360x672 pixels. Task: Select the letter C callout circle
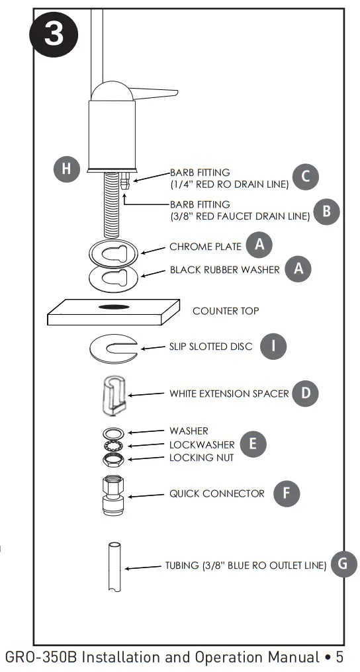click(306, 177)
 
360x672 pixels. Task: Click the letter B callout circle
click(326, 211)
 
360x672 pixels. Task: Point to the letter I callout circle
click(273, 346)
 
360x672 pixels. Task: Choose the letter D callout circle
click(305, 394)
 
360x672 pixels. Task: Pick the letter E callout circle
click(253, 444)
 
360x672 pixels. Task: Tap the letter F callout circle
click(286, 493)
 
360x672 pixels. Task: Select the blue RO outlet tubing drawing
click(113, 567)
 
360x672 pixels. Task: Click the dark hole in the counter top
click(113, 308)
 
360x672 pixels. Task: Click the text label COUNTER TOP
click(226, 311)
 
